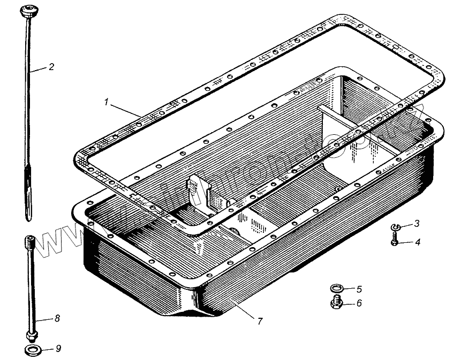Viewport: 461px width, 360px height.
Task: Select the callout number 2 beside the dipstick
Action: pos(51,67)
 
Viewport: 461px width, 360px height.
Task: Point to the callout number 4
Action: pos(418,242)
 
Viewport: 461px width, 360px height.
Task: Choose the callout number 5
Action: pos(359,289)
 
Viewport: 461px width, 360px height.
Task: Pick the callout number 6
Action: pos(359,303)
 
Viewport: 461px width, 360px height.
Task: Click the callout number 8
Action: pos(57,318)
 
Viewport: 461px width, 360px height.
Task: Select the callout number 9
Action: pos(59,349)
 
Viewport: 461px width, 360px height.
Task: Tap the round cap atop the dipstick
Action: pos(26,10)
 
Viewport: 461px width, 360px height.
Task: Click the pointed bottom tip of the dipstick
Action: pos(27,217)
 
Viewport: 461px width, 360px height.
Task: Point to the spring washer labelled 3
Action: pos(395,228)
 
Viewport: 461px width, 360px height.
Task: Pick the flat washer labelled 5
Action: pos(336,289)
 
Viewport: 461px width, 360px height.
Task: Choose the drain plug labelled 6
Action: pos(337,303)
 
